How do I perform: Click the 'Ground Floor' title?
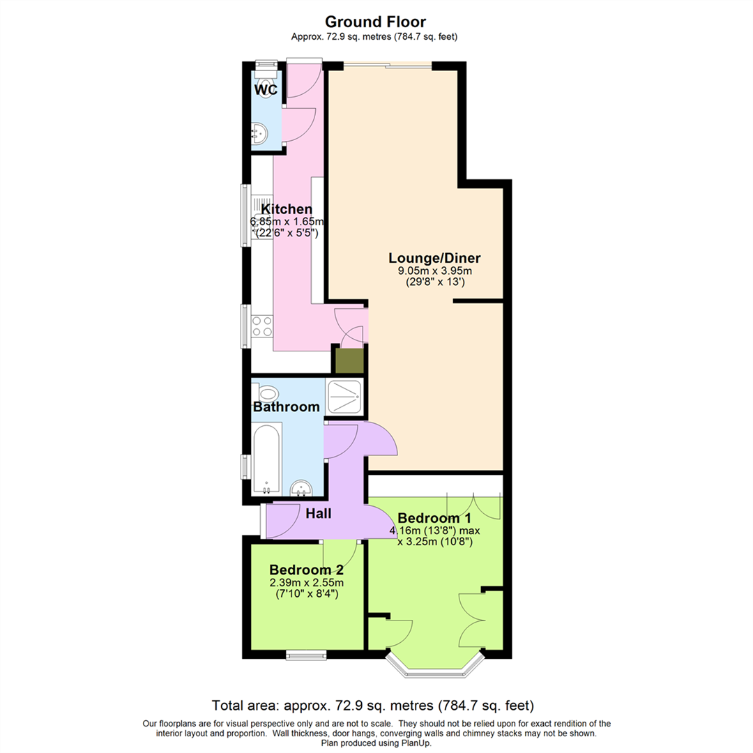pos(376,22)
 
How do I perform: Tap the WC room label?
pos(266,90)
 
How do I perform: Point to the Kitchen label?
pos(287,209)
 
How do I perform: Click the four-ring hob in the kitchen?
pos(263,326)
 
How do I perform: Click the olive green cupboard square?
pos(349,360)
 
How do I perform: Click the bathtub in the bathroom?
pos(267,460)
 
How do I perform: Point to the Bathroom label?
pos(287,406)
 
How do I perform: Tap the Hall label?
pos(318,514)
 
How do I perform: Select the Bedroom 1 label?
pos(434,518)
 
